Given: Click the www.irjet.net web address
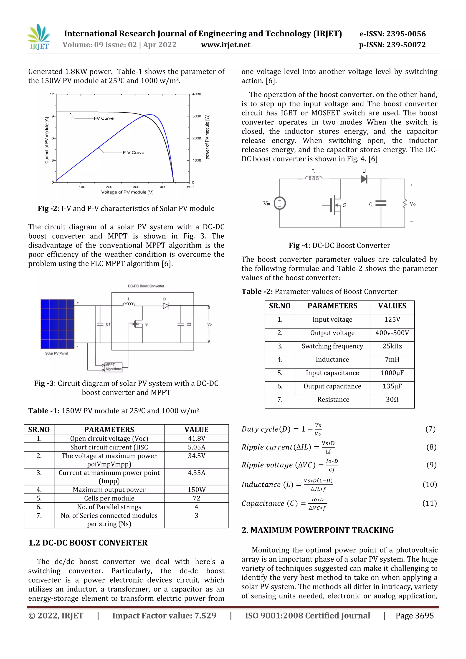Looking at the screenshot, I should click(225, 45).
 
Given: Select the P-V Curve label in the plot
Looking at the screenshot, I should click(133, 153).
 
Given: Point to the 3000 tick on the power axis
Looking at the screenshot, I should click(197, 116).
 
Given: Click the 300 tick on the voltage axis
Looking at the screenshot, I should click(136, 187).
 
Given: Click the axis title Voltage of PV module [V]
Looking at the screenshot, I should click(127, 192).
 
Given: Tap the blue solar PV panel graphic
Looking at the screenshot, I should click(57, 324).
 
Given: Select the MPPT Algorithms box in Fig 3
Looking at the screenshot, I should click(113, 367).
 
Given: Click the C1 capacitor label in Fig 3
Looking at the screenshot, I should click(108, 324).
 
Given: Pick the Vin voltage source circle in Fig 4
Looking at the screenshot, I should click(280, 203).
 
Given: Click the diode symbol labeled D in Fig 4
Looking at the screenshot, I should click(364, 179).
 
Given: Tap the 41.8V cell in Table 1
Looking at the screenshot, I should click(196, 439).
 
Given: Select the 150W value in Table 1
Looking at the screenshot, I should click(196, 490).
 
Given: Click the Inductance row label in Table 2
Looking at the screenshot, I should click(332, 360).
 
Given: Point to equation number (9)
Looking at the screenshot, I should click(431, 465).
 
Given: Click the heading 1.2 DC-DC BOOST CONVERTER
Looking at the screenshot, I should click(88, 543).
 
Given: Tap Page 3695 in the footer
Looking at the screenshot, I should click(414, 616).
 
